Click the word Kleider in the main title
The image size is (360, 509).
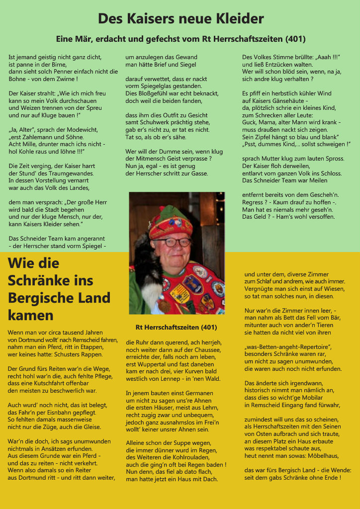[x=239, y=19]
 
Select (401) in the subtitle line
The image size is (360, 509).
[x=295, y=39]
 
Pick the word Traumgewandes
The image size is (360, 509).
[x=67, y=173]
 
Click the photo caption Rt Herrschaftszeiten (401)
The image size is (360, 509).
[x=176, y=328]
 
